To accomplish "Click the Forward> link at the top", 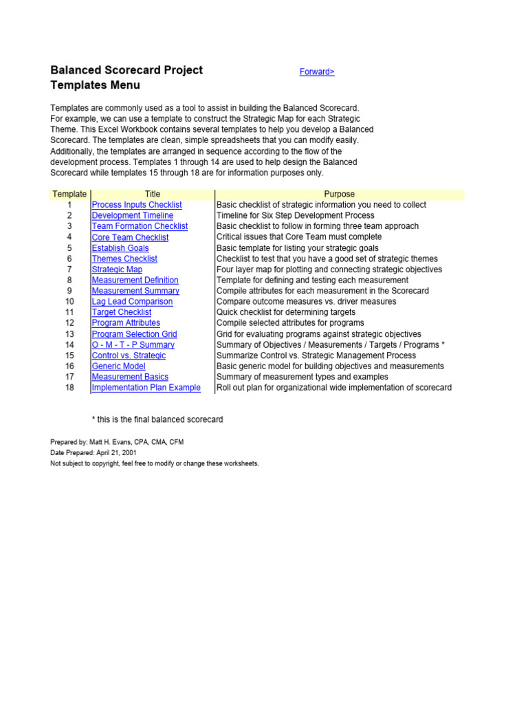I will [x=317, y=71].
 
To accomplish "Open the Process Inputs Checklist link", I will [x=137, y=205].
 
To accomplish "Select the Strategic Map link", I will [x=117, y=269].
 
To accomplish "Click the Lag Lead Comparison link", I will [x=132, y=302].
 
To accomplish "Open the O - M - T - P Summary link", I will [x=133, y=344].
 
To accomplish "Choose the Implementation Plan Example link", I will [x=146, y=388].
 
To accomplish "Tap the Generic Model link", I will [x=118, y=366].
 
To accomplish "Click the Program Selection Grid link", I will [x=134, y=334].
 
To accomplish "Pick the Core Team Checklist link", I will [x=130, y=237].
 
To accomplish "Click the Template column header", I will [x=69, y=194].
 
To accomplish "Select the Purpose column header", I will [x=340, y=194].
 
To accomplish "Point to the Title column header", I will [x=153, y=194].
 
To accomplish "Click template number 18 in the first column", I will [x=69, y=388].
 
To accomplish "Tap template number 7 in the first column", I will [x=69, y=269].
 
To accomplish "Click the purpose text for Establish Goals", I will [x=297, y=248].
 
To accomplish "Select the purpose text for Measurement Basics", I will [x=302, y=377].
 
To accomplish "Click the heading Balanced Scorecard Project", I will [x=126, y=70].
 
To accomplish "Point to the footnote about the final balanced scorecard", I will [x=157, y=419].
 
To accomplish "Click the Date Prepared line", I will [x=93, y=453].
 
